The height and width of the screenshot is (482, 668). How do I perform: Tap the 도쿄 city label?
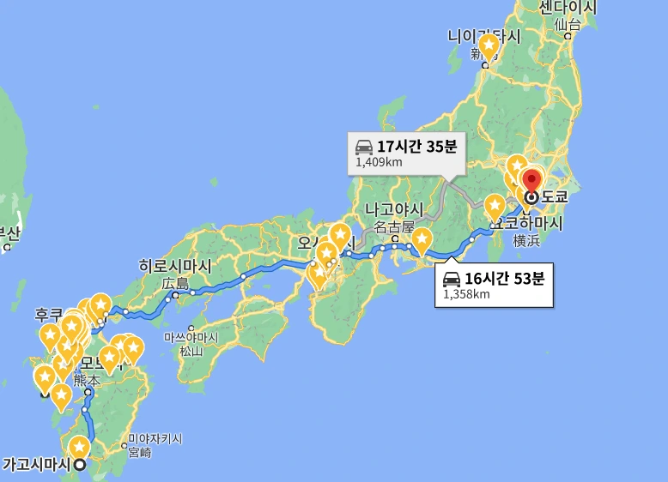coord(555,196)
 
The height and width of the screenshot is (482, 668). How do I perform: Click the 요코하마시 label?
coord(525,223)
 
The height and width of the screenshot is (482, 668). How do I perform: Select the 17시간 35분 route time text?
coord(416,146)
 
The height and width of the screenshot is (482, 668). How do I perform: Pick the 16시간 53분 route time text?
coord(505,278)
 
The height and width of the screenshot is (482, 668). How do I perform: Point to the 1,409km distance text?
coord(379,162)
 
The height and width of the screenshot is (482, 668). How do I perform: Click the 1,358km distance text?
coord(466,294)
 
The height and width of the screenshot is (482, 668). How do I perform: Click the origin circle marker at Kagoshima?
coord(80,465)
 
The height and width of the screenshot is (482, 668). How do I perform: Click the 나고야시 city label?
coord(394,209)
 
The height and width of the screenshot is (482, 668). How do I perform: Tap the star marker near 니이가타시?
coord(489,45)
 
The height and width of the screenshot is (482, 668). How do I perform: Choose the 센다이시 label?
coord(568,8)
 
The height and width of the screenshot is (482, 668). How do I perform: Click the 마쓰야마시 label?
coord(191,337)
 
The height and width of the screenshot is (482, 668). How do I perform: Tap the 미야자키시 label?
coord(155,438)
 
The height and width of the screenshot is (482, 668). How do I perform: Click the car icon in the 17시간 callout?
coord(364,146)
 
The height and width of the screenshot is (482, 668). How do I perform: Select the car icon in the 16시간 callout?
coord(452,278)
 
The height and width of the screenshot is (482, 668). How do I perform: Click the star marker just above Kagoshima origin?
coord(79,447)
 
